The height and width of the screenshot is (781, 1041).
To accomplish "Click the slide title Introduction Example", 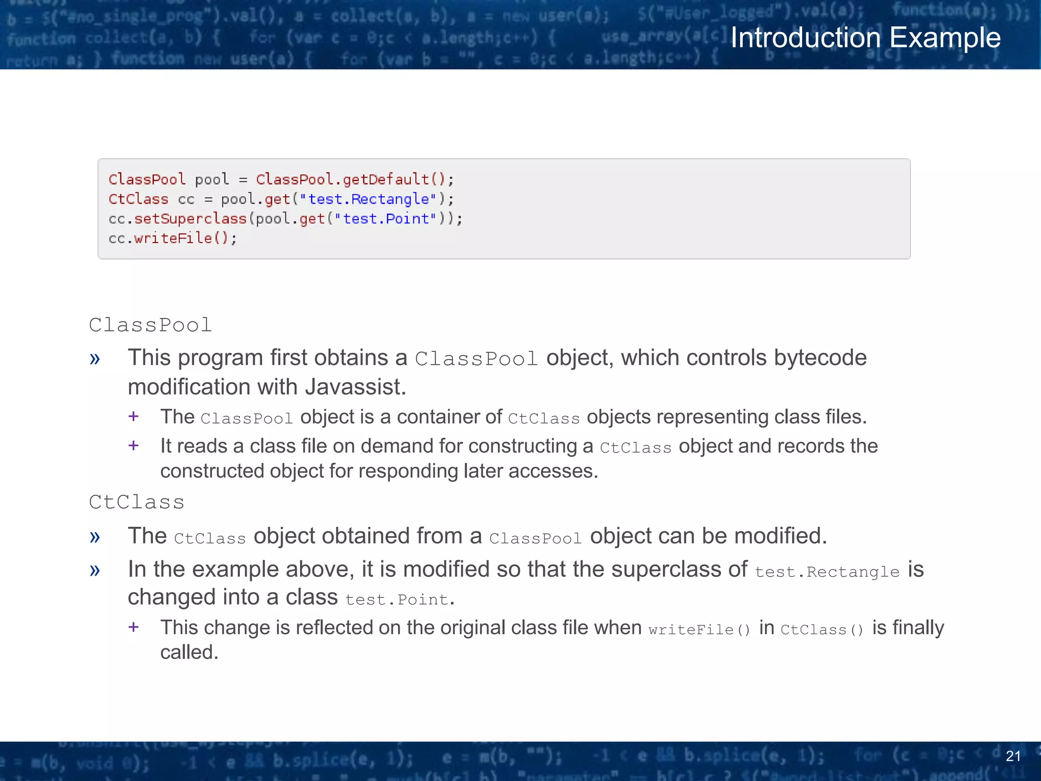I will click(x=865, y=38).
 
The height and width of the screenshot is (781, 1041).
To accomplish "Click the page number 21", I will click(x=1013, y=756).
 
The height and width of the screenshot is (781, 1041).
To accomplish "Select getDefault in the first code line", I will click(x=386, y=179).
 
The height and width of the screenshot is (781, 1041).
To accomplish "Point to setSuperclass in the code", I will click(x=190, y=219).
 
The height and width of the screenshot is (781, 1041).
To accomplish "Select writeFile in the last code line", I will click(x=173, y=238).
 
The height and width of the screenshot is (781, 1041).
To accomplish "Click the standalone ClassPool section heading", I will click(x=150, y=325).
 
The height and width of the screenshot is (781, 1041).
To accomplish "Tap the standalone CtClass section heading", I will click(x=136, y=502).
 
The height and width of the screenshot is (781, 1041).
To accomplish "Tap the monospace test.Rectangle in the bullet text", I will click(x=827, y=572).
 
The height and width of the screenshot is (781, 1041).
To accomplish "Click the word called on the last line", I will click(x=189, y=652).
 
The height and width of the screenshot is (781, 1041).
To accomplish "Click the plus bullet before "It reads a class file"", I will click(x=134, y=446).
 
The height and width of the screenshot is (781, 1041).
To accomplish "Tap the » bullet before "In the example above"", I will click(x=95, y=570).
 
